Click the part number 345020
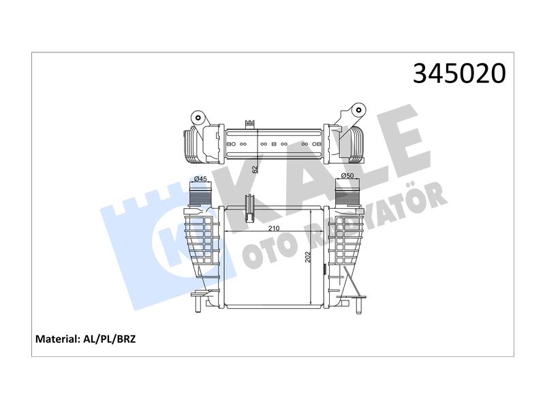pos(459,73)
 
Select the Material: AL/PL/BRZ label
pos(86,339)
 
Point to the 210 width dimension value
pos(274,228)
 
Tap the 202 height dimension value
pos(308,257)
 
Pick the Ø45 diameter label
pos(200,179)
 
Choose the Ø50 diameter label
pos(347,175)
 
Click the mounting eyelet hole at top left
pos(198,117)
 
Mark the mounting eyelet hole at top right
pos(358,110)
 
